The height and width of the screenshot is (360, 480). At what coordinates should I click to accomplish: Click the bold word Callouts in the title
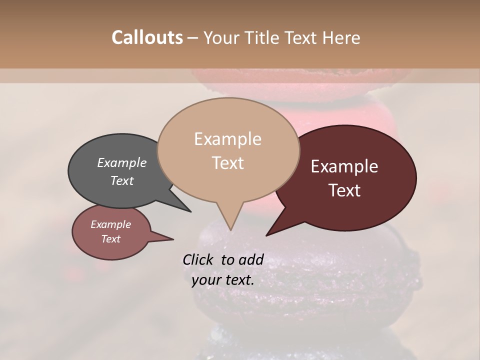click(147, 37)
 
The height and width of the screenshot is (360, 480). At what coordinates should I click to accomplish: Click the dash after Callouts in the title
click(193, 38)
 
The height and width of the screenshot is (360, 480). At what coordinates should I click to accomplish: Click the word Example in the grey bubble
click(121, 162)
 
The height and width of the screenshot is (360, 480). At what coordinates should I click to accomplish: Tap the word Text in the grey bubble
click(121, 180)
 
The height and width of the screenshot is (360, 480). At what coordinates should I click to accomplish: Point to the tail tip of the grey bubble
click(190, 211)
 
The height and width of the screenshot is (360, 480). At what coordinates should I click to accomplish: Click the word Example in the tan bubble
click(227, 139)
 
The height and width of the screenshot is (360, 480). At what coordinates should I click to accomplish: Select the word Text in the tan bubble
click(227, 163)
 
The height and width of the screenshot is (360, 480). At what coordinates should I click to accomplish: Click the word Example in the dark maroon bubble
click(344, 166)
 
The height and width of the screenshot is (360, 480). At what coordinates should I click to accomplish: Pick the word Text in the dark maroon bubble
click(344, 190)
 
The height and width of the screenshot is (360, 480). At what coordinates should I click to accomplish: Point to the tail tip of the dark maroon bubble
click(267, 235)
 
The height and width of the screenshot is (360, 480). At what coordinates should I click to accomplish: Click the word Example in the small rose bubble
click(110, 224)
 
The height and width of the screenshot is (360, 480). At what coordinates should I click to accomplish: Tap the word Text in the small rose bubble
click(110, 239)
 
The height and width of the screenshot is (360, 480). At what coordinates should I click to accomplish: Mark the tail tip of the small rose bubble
click(173, 239)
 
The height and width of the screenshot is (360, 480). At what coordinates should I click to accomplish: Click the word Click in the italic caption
click(198, 259)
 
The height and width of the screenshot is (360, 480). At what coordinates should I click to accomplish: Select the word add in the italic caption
click(251, 259)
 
